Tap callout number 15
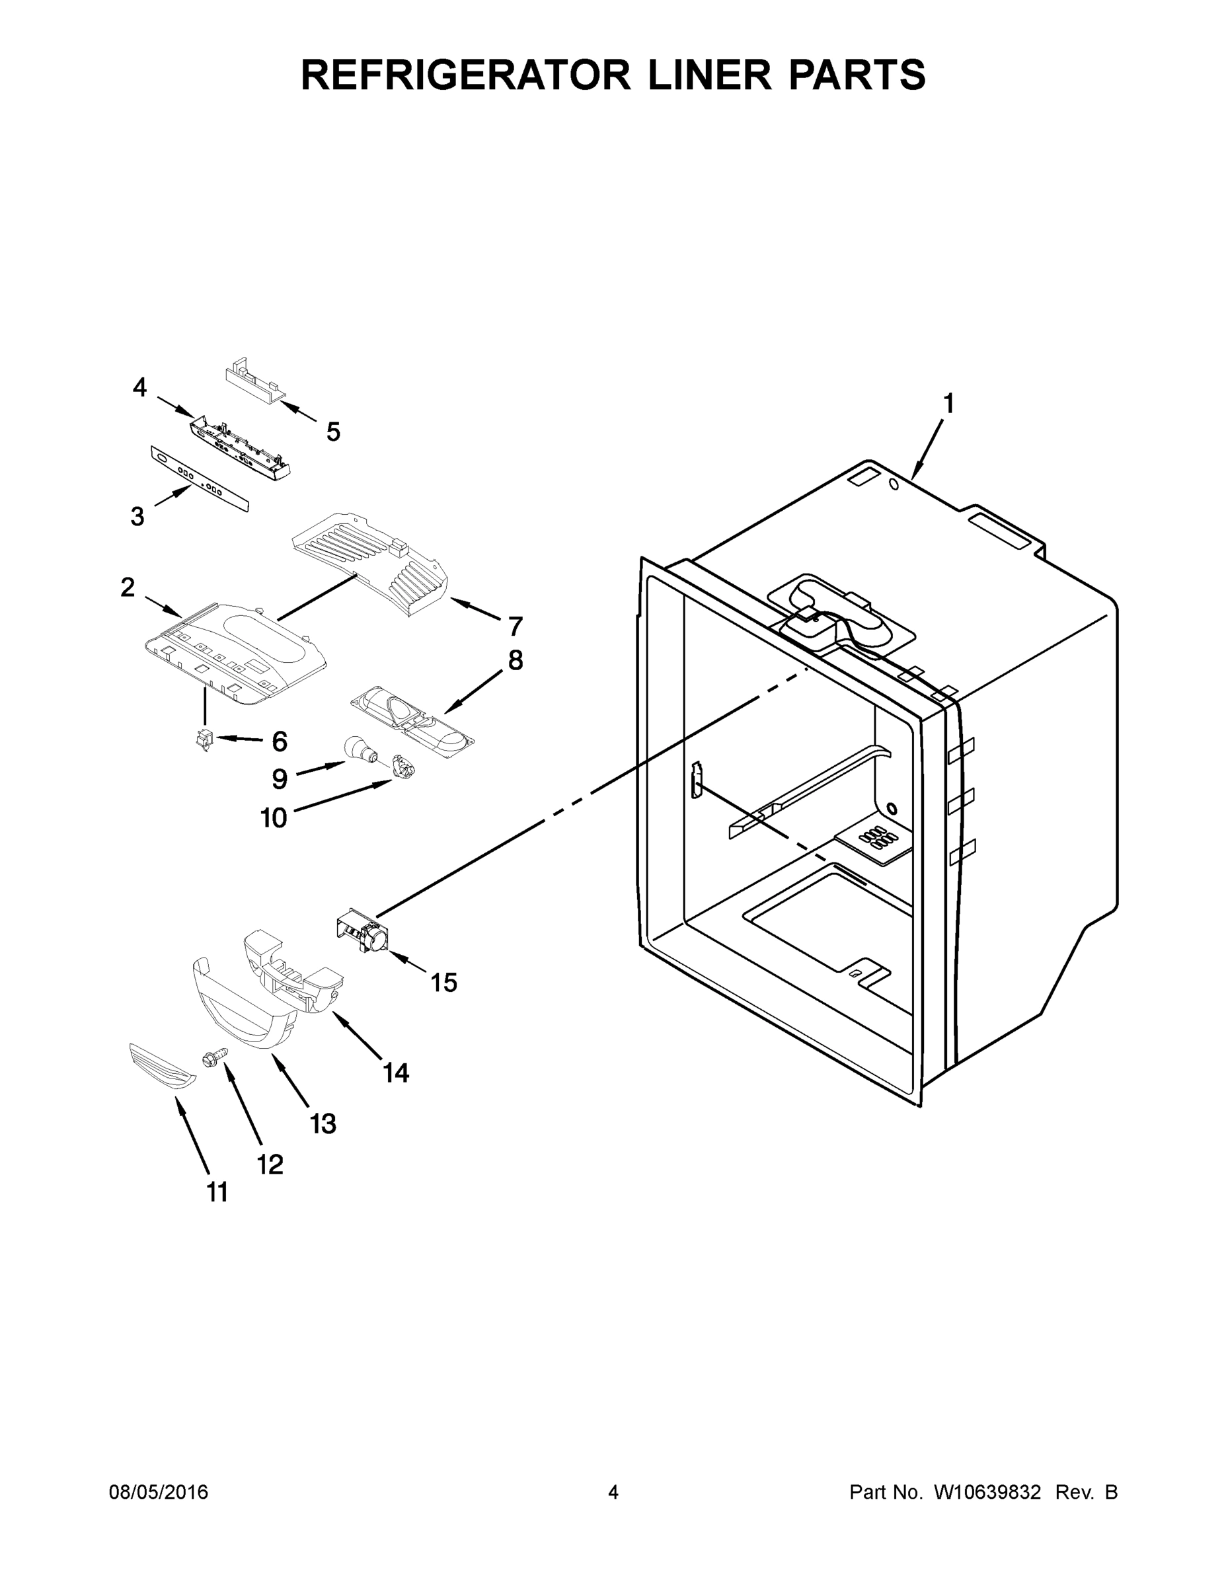point(443,983)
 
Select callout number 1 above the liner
point(948,404)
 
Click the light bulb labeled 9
point(358,748)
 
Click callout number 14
point(396,1073)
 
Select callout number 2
point(128,587)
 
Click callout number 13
point(323,1123)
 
